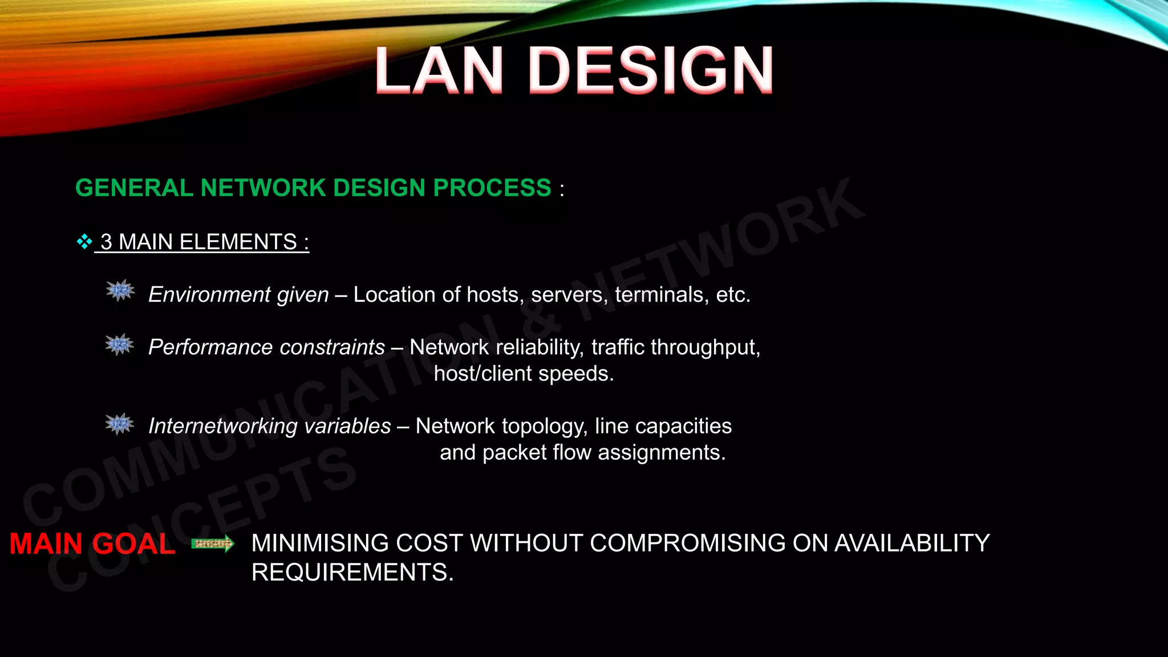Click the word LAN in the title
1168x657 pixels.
coord(439,71)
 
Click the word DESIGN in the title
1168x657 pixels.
coord(651,71)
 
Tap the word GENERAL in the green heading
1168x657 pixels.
coord(135,188)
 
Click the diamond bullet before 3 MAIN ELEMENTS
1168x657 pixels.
coord(84,242)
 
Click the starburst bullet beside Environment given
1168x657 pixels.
coord(120,291)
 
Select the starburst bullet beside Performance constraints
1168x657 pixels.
coord(120,344)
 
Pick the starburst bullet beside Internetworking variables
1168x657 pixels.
coord(120,424)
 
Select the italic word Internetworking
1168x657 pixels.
coord(216,427)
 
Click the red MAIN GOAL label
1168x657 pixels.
coord(92,544)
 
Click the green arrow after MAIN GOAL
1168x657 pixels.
coord(213,544)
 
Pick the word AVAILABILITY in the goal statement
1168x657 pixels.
coord(912,544)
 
